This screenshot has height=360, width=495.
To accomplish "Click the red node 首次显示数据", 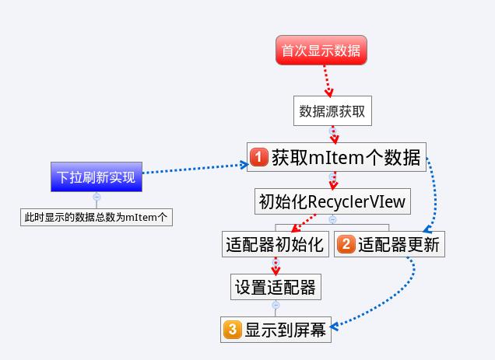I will pyautogui.click(x=321, y=51).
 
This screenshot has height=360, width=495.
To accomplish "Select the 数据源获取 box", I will pyautogui.click(x=332, y=111).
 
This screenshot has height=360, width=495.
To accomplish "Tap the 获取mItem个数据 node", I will pyautogui.click(x=337, y=158).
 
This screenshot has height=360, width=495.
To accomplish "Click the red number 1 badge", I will pyautogui.click(x=260, y=158).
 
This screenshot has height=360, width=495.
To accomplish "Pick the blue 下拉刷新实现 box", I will pyautogui.click(x=97, y=177).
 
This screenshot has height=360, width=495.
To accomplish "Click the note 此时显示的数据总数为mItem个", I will pyautogui.click(x=97, y=217).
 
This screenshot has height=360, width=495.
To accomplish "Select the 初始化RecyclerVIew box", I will pyautogui.click(x=332, y=201).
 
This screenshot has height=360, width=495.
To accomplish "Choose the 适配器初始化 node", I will pyautogui.click(x=274, y=245).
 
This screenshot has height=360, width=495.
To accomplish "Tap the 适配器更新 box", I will pyautogui.click(x=390, y=245).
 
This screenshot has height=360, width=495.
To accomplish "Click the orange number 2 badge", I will pyautogui.click(x=346, y=245).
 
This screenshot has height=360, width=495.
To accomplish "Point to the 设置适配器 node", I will pyautogui.click(x=276, y=288).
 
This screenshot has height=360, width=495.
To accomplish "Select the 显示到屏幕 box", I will pyautogui.click(x=276, y=330).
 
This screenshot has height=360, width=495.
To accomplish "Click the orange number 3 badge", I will pyautogui.click(x=231, y=330).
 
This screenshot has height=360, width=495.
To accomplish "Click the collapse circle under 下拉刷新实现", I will pyautogui.click(x=97, y=197).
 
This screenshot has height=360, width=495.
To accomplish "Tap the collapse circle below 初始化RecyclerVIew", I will pyautogui.click(x=332, y=219).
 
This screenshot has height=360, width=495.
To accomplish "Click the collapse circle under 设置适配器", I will pyautogui.click(x=276, y=305).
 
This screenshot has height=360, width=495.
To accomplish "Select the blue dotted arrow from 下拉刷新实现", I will pyautogui.click(x=195, y=169).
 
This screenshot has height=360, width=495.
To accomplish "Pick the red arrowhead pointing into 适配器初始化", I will pyautogui.click(x=294, y=229).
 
